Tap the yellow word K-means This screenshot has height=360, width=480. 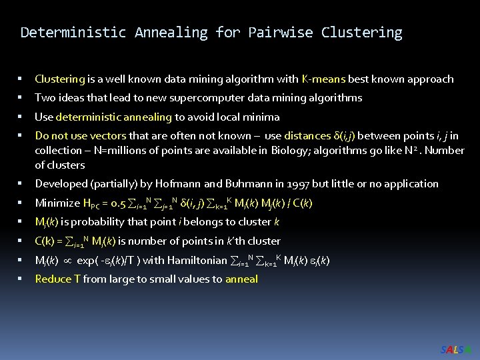(323, 79)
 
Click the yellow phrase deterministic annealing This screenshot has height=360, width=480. (114, 117)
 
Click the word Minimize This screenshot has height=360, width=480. (57, 203)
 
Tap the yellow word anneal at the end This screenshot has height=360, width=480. (241, 279)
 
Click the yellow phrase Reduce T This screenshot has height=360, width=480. (58, 279)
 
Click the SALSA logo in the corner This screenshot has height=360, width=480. (457, 349)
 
